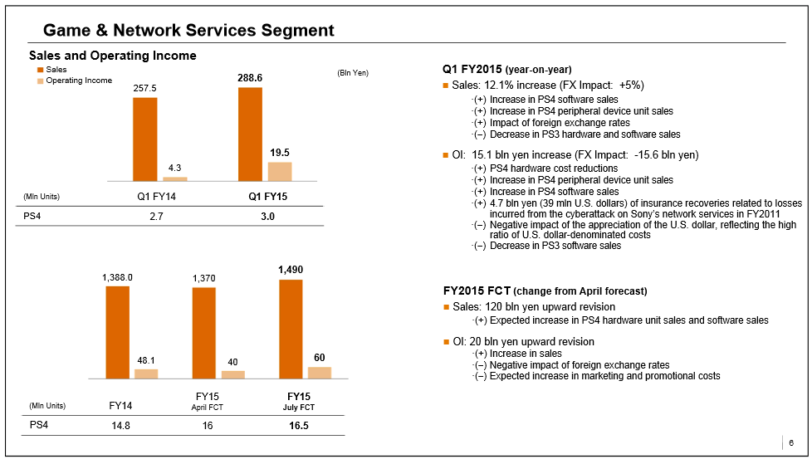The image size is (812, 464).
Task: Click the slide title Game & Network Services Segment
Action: click(x=188, y=31)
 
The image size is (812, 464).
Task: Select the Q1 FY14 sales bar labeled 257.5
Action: click(x=144, y=139)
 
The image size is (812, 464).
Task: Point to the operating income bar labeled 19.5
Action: click(x=280, y=171)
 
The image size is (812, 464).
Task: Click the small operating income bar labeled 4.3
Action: click(x=174, y=178)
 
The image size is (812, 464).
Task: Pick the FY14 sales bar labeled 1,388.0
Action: click(x=117, y=332)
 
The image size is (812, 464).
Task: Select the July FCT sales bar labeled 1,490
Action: click(x=291, y=329)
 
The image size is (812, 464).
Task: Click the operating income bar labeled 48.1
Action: click(x=146, y=374)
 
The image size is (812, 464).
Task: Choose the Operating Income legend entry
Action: click(x=79, y=81)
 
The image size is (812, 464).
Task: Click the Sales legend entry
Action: click(x=56, y=71)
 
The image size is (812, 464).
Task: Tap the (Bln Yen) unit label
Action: click(x=352, y=73)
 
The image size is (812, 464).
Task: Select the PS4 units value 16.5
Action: click(x=298, y=425)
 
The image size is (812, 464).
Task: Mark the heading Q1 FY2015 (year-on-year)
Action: click(x=507, y=69)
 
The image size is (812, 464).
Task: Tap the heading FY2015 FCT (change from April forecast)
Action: click(x=545, y=291)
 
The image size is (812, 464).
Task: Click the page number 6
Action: click(x=790, y=442)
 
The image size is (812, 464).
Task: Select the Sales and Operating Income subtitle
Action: click(x=112, y=56)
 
